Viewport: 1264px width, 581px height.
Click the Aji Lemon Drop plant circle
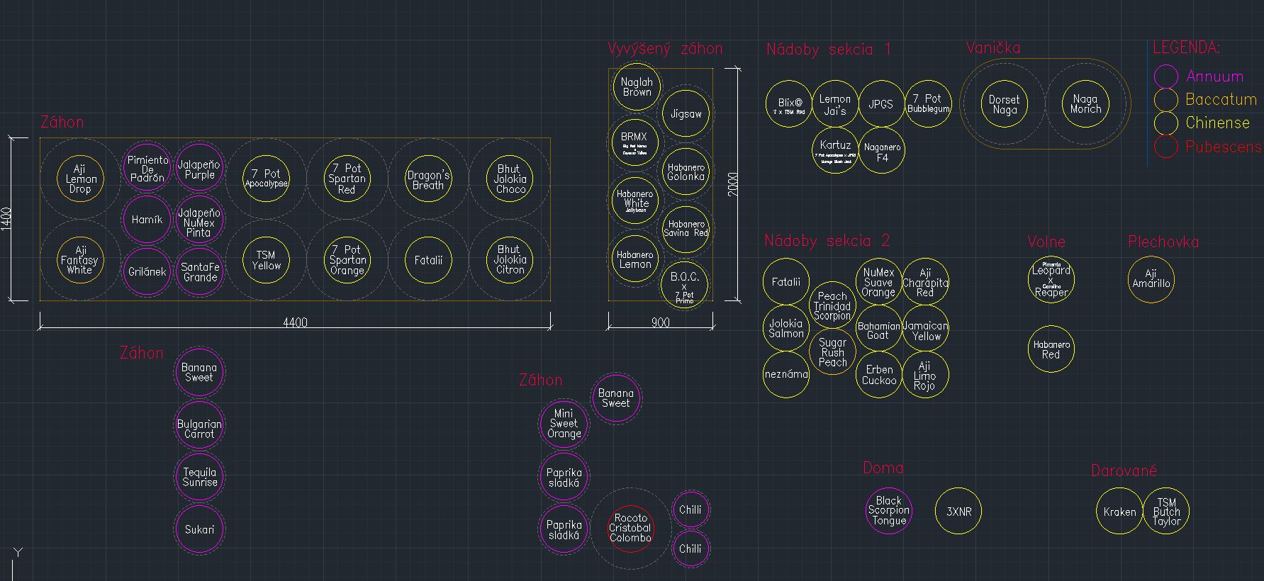coord(80,179)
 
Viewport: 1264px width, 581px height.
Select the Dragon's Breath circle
coord(428,179)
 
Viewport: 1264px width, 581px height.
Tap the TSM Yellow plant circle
coord(267,261)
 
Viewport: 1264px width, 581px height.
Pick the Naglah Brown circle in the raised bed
coord(637,87)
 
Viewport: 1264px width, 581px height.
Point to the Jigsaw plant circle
coord(686,113)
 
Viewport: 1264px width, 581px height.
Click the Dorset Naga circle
coord(1004,105)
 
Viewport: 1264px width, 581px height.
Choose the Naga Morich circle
coord(1085,105)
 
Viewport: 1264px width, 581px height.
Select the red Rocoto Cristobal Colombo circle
coord(630,529)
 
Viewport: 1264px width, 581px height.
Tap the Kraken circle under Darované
coord(1119,512)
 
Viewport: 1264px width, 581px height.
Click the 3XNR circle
coord(958,511)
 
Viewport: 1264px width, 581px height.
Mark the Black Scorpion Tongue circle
coord(888,510)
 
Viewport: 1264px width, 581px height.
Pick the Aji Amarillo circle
coord(1151,278)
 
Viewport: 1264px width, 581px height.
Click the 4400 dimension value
coord(295,323)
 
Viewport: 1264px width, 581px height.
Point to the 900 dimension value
coord(660,323)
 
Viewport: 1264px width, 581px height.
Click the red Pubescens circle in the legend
coord(1165,147)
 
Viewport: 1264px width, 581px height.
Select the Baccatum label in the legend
coord(1221,100)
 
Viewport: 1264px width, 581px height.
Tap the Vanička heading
coord(992,48)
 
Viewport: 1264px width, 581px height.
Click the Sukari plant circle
coord(199,529)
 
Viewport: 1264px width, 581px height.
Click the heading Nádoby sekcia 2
coord(827,241)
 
